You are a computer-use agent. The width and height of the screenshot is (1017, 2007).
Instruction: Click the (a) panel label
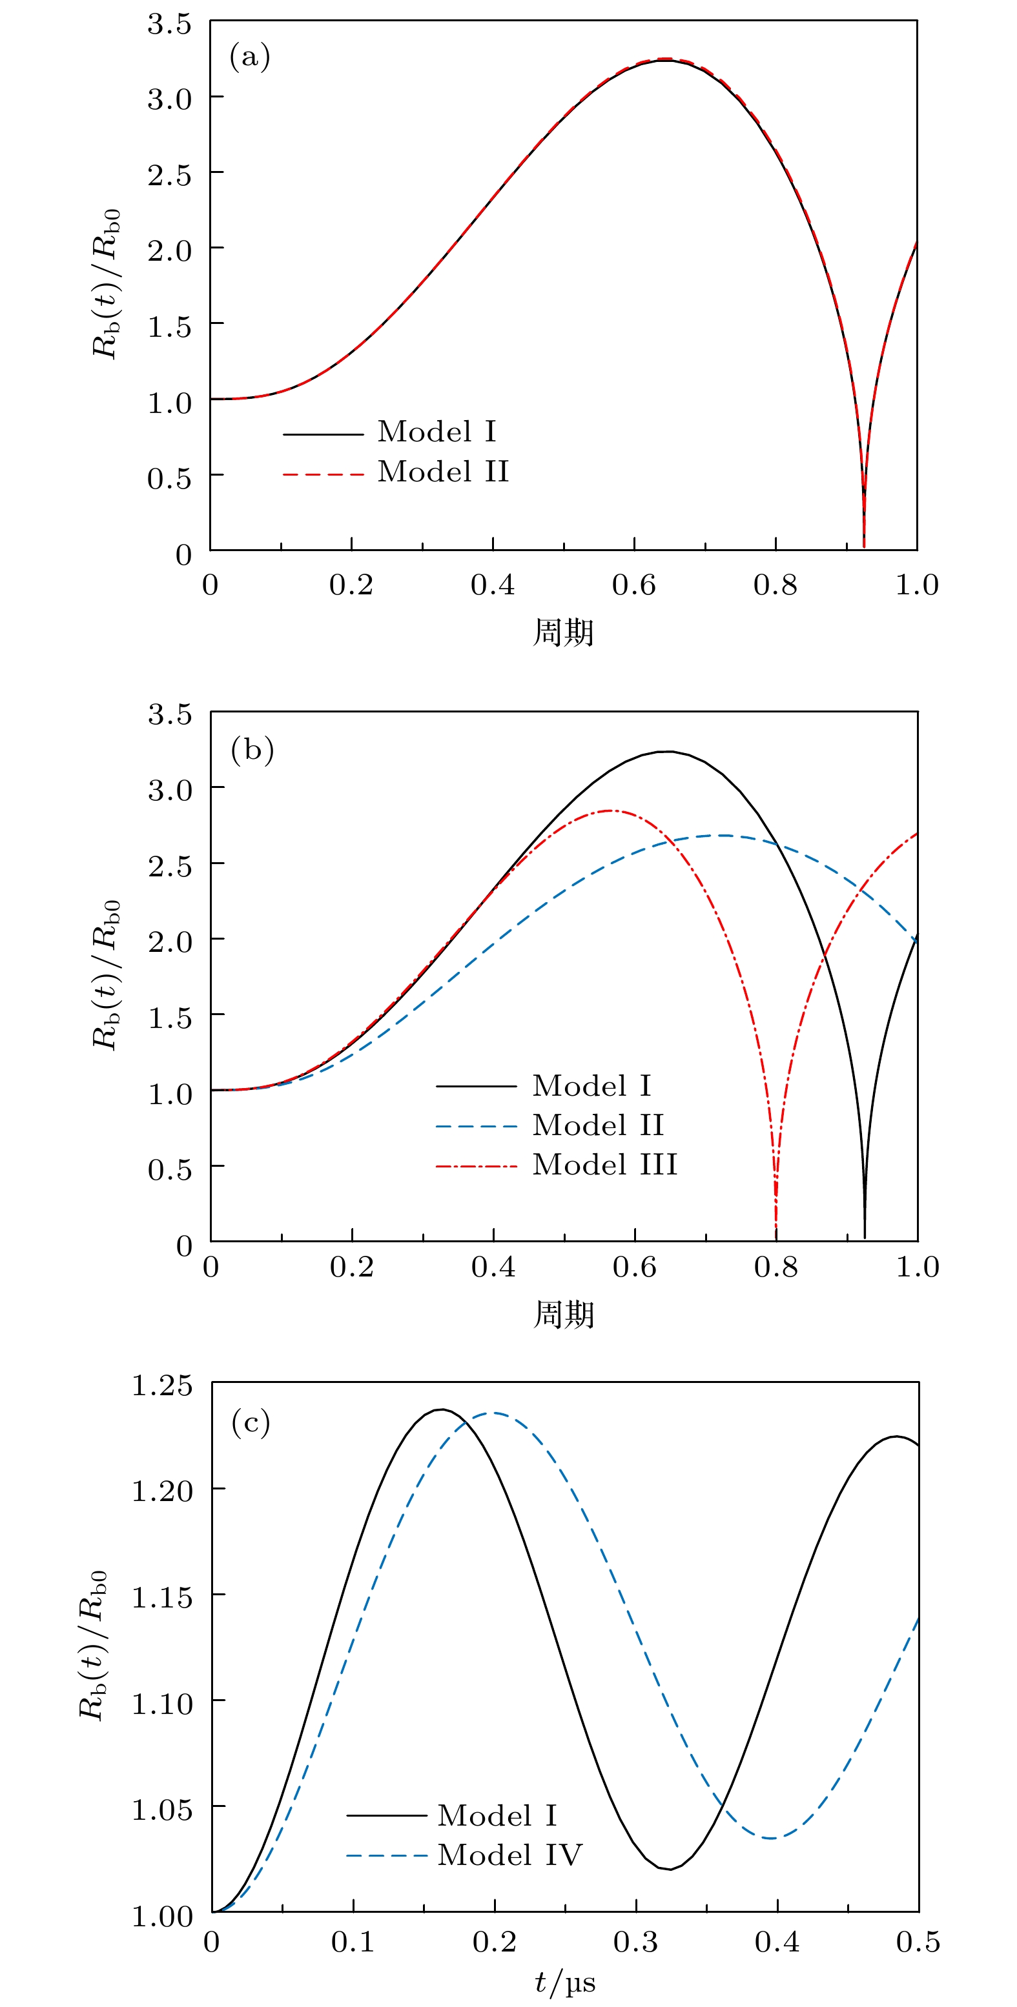[x=249, y=57]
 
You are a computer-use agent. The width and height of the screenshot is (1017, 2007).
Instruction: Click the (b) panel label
[x=252, y=749]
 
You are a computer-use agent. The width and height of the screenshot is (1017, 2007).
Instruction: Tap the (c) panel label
[x=250, y=1423]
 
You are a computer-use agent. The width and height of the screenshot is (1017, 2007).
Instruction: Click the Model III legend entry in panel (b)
[x=604, y=1165]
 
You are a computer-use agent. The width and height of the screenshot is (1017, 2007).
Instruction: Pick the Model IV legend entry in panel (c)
[x=509, y=1855]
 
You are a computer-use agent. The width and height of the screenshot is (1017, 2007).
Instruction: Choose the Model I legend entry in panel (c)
[x=497, y=1815]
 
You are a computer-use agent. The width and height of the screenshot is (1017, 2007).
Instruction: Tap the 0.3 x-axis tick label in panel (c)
[x=635, y=1942]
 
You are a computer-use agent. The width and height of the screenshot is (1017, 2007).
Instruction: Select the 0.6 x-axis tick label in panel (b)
[x=634, y=1267]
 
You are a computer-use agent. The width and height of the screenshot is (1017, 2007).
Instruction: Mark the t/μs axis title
[x=564, y=1983]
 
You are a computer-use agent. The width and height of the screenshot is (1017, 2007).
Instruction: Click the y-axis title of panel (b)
[x=106, y=974]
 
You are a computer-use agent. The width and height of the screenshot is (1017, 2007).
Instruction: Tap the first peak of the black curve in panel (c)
[x=441, y=1409]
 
